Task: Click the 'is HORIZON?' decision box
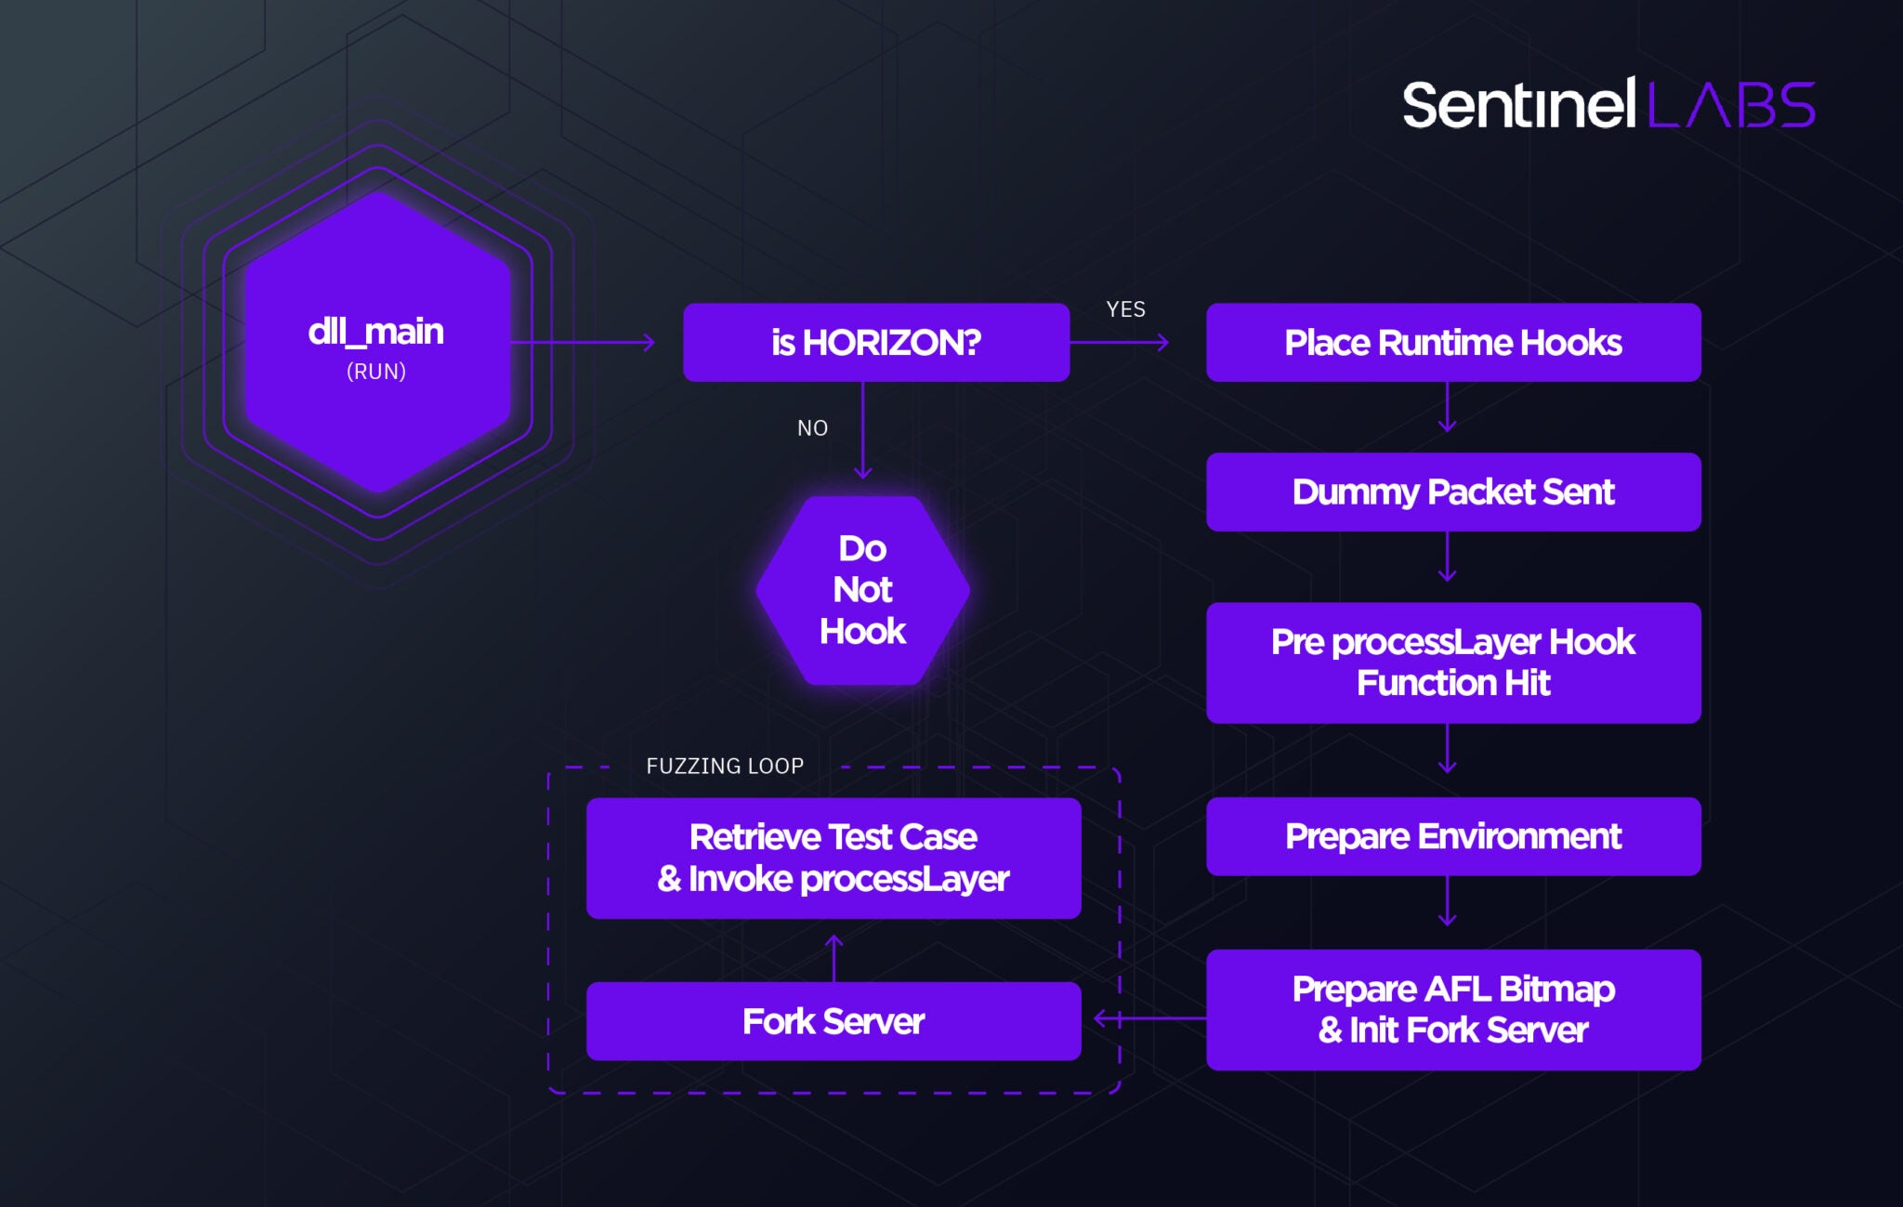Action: (x=875, y=342)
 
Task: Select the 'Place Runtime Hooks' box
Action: (x=1452, y=342)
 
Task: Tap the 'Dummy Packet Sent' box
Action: (x=1452, y=492)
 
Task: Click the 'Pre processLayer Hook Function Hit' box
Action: (x=1452, y=663)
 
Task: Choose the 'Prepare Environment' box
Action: (x=1452, y=836)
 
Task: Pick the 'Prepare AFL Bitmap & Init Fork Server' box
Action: (x=1452, y=1009)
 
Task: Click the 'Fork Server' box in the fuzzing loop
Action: (x=833, y=1021)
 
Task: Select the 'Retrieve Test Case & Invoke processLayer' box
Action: (x=833, y=858)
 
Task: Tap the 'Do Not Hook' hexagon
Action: (x=862, y=590)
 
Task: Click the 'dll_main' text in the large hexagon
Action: (x=375, y=332)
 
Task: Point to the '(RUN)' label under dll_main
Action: (x=375, y=372)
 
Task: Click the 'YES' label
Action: (x=1125, y=309)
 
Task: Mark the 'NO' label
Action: (x=812, y=428)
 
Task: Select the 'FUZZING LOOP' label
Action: (x=725, y=767)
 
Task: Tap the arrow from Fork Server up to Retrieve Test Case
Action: (x=833, y=957)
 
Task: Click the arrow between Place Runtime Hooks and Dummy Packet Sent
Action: (x=1447, y=408)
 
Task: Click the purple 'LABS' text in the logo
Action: (x=1731, y=105)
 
